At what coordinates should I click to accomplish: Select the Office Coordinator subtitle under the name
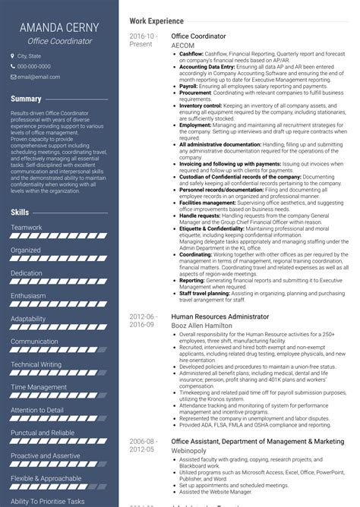60,41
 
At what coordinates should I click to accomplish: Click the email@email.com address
39,76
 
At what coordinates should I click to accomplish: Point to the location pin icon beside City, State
11,56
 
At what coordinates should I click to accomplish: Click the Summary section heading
26,99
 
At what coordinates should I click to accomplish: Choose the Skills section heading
20,213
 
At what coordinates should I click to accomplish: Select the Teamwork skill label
27,227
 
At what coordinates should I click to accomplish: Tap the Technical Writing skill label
36,364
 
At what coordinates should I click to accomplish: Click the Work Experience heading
156,21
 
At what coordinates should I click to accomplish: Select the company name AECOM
183,45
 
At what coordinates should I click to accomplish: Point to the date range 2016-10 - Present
143,40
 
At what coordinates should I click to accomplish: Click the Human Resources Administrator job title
220,316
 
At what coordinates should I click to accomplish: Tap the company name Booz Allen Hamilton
202,325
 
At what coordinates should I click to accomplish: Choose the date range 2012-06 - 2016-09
143,320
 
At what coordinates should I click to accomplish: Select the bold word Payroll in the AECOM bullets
188,87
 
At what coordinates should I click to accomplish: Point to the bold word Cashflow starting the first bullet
192,55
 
